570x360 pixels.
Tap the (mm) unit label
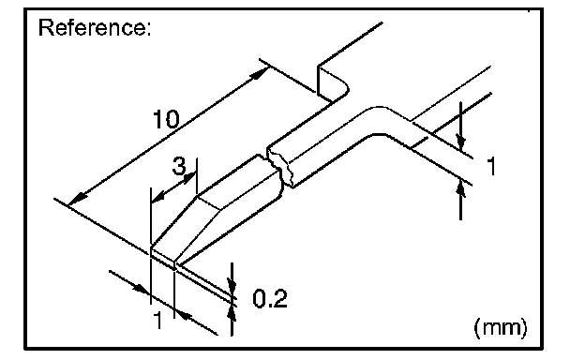(501, 327)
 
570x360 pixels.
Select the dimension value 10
(166, 119)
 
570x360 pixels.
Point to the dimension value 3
(179, 166)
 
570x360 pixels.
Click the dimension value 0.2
(270, 298)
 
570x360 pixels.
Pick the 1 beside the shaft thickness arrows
(491, 166)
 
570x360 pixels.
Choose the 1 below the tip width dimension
(157, 320)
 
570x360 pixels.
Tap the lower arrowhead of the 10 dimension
(78, 200)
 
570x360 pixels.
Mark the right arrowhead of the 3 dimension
(190, 178)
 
